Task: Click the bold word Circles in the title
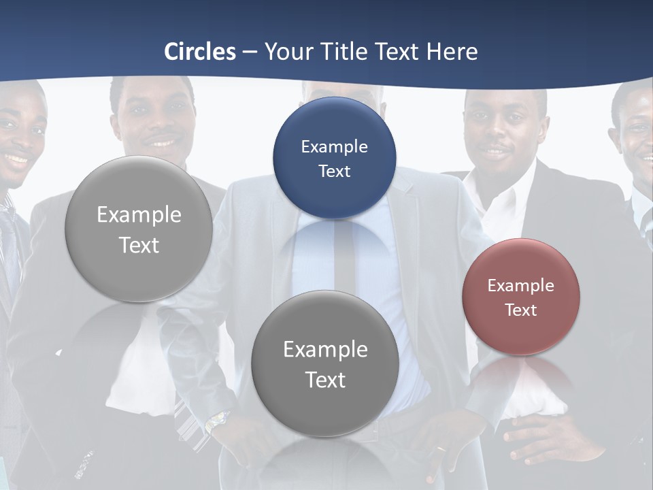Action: coord(199,52)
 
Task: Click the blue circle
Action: coord(334,158)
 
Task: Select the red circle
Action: coord(520,297)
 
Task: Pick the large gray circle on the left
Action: coord(139,229)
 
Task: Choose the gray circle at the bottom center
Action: coord(325,364)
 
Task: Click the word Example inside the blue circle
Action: coord(334,146)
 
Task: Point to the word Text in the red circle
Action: coord(520,310)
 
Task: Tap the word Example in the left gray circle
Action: coord(139,215)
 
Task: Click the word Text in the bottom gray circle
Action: coord(325,380)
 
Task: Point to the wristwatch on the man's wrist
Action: coord(216,421)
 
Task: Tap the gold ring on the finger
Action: coord(441,449)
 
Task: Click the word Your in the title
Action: coord(287,52)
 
